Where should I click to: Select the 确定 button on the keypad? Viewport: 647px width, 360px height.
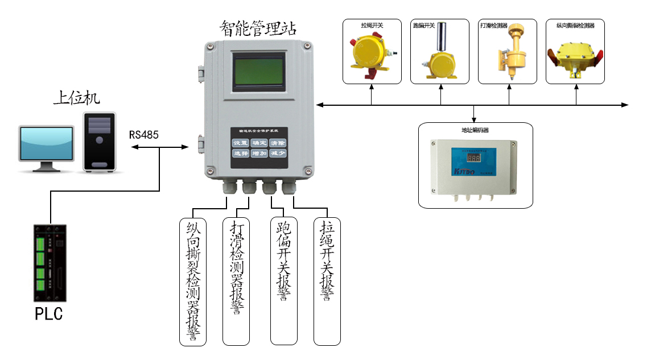click(x=259, y=143)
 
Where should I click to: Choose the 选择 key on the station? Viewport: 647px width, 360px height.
click(x=241, y=154)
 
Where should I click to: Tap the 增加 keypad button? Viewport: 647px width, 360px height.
click(x=259, y=154)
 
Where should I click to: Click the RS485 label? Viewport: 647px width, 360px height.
click(x=143, y=135)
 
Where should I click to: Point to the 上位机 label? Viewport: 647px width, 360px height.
click(x=76, y=98)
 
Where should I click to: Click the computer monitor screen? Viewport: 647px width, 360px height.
click(x=46, y=143)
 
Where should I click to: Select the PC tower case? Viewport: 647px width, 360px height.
click(x=99, y=142)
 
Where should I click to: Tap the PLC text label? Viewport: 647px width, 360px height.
click(x=49, y=314)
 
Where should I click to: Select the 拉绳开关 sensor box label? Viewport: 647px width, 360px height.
click(x=372, y=26)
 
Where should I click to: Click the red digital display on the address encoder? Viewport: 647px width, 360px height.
click(x=461, y=158)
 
